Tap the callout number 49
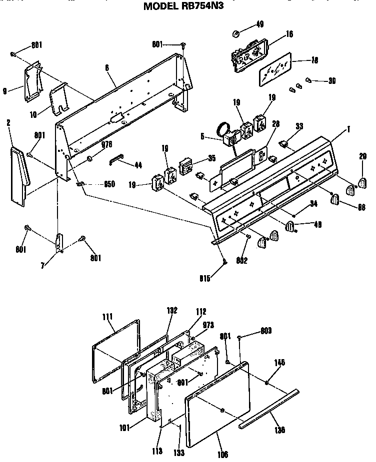tap(259, 23)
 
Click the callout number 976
tap(106, 145)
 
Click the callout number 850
tap(108, 184)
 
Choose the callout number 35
tap(212, 159)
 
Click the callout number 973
tap(208, 325)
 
